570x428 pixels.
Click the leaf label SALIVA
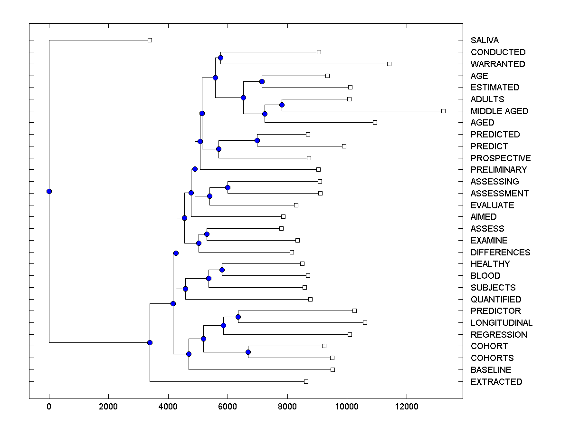pos(484,40)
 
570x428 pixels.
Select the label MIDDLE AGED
pos(499,111)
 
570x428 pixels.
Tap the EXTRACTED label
pos(496,382)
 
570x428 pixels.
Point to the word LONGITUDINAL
pos(501,323)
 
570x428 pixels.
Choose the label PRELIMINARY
pos(499,170)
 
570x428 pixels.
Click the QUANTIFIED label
pos(496,300)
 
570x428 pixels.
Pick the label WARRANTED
pos(498,64)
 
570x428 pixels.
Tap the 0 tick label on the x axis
pos(49,407)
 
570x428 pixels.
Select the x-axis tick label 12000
pos(407,407)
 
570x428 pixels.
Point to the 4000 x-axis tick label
pos(168,407)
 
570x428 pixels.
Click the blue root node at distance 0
pos(49,191)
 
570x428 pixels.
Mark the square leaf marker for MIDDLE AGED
pos(443,111)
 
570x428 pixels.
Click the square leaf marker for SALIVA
pos(150,40)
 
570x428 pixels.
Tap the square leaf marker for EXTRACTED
pos(306,381)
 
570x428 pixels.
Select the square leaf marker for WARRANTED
pos(389,64)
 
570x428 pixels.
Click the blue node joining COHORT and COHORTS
pos(248,352)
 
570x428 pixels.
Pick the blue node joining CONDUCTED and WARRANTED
pos(220,58)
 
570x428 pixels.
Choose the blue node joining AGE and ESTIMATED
pos(262,81)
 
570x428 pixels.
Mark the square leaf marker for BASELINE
pos(332,370)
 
